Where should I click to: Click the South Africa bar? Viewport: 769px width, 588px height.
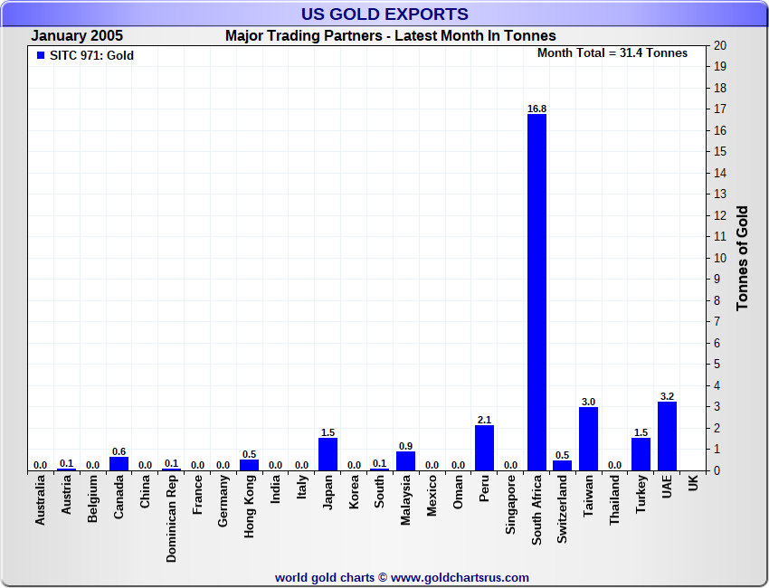(536, 292)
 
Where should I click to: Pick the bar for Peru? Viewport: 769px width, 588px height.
(484, 448)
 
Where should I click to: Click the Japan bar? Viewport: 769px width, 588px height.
(328, 454)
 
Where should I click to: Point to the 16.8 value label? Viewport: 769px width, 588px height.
(536, 109)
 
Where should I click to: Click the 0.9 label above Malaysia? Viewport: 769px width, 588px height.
(406, 446)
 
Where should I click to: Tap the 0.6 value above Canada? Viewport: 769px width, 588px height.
(119, 451)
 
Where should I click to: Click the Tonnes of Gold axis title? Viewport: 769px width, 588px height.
(743, 258)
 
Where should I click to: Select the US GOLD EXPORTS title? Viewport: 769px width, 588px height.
(384, 14)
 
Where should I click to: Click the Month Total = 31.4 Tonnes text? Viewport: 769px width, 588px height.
(612, 52)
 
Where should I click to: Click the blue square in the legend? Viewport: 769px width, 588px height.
(40, 55)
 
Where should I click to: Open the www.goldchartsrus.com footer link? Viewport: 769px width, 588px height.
(460, 577)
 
